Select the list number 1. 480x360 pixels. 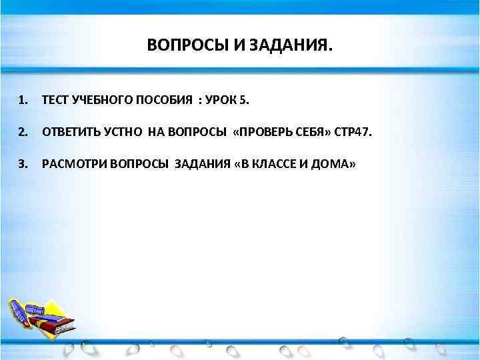[x=23, y=100]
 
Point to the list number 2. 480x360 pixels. [x=23, y=132]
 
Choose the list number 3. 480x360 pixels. [x=23, y=164]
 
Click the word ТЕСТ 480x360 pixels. [x=55, y=100]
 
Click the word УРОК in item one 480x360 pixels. [x=221, y=100]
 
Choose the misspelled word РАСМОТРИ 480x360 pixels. [x=72, y=164]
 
